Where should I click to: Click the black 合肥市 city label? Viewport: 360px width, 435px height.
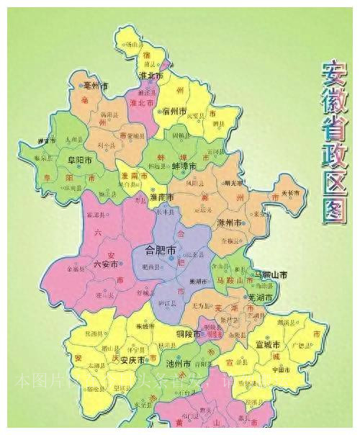point(161,251)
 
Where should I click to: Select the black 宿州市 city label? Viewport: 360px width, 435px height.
point(176,111)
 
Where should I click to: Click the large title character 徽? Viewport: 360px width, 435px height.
point(333,96)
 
